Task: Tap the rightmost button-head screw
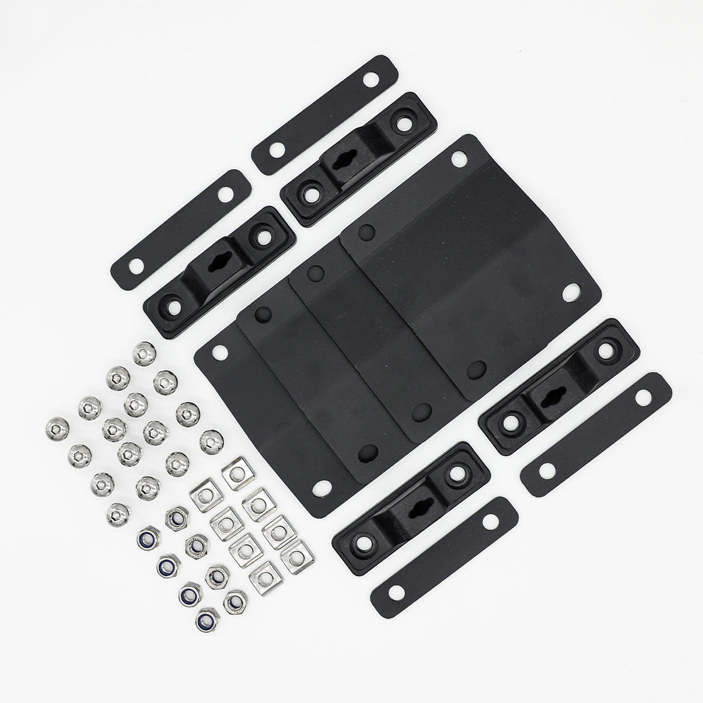pos(211,441)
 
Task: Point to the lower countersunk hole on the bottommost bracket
pos(364,541)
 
